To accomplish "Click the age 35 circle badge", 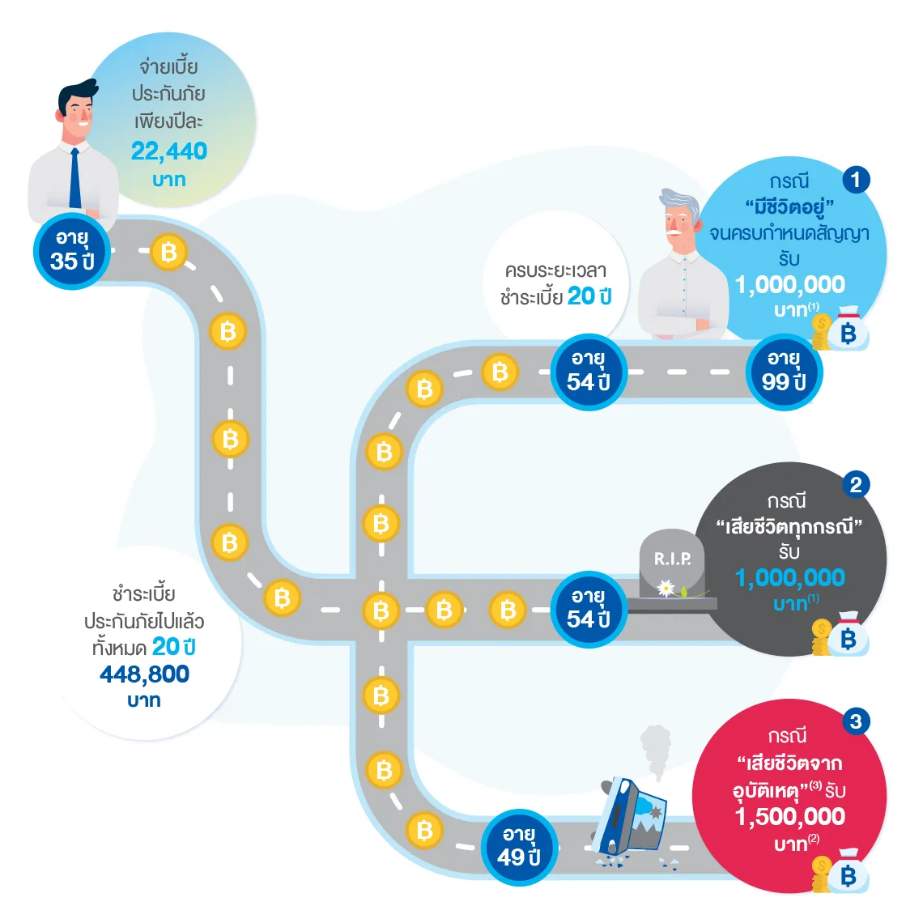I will [71, 250].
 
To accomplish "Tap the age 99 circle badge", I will [783, 372].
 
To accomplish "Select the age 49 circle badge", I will [519, 847].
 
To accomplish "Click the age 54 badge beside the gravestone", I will [589, 609].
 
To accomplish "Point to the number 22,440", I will [169, 151].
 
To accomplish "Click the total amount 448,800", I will [144, 674].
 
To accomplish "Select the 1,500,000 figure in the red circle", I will [790, 817].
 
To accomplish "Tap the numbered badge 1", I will [856, 179].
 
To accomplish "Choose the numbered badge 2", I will [856, 484].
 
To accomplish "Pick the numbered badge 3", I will [856, 721].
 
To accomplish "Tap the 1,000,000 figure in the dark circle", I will [790, 578].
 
